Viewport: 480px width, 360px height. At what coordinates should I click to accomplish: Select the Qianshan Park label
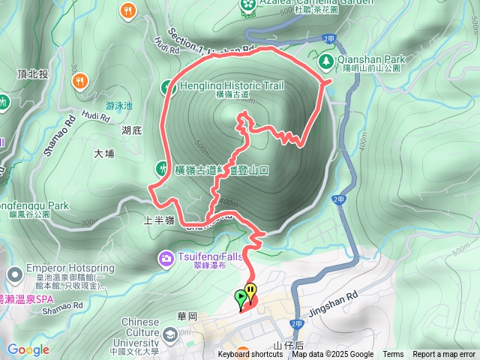point(371,59)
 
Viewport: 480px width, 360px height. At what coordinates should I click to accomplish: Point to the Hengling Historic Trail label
point(232,85)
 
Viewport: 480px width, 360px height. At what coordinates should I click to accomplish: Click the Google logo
point(28,349)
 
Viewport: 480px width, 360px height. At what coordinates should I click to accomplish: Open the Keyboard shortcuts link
point(250,355)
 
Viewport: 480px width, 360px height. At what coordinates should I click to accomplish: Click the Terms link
point(393,355)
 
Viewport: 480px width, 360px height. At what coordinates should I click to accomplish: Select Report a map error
point(444,355)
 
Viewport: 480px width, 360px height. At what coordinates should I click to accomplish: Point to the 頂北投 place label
point(32,73)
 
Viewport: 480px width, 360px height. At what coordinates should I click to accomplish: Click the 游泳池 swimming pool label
point(118,106)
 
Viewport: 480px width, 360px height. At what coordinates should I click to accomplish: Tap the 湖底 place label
point(133,130)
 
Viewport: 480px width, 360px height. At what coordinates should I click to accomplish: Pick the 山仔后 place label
point(288,345)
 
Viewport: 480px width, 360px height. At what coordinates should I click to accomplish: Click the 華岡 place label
point(187,316)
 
